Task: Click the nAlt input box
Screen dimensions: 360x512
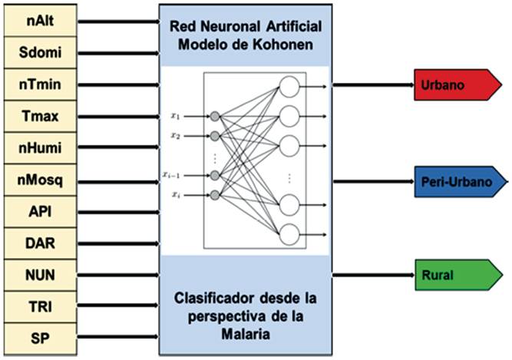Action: pyautogui.click(x=39, y=21)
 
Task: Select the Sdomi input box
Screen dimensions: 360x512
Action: pyautogui.click(x=39, y=53)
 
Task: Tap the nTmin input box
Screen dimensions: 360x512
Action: pyautogui.click(x=39, y=85)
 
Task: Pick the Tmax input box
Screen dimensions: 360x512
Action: pyautogui.click(x=39, y=117)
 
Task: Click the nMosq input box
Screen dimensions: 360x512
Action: pyautogui.click(x=39, y=180)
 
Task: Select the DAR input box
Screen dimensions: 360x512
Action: pyautogui.click(x=39, y=243)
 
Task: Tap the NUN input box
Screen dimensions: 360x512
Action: pyautogui.click(x=39, y=274)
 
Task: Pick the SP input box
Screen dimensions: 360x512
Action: pyautogui.click(x=39, y=337)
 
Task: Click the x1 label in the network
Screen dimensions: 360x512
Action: pyautogui.click(x=177, y=116)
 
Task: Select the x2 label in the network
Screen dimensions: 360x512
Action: pyautogui.click(x=177, y=136)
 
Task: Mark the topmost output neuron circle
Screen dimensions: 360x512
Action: pyautogui.click(x=289, y=88)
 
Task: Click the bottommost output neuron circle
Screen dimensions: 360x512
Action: pyautogui.click(x=289, y=233)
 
